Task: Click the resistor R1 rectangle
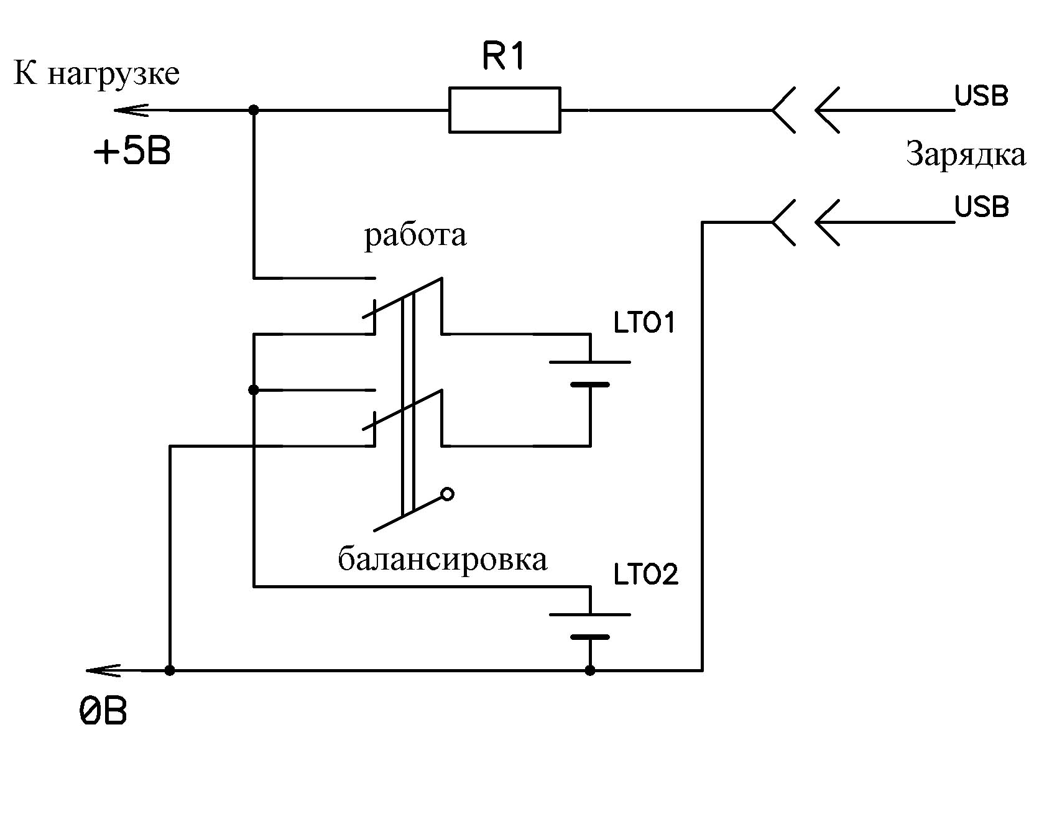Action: (504, 110)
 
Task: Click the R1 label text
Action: (504, 58)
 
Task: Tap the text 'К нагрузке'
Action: (96, 74)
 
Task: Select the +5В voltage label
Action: (132, 152)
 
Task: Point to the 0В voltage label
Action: (103, 711)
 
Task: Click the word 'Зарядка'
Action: (966, 154)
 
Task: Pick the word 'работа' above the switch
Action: (415, 236)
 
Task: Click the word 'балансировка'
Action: (442, 559)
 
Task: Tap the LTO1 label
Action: (644, 323)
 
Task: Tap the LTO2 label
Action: (645, 575)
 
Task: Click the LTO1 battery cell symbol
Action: (589, 374)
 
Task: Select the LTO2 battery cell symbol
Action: (589, 626)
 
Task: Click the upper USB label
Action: (981, 96)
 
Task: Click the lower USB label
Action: (981, 207)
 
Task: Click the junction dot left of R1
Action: (254, 110)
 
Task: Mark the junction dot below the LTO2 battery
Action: (590, 670)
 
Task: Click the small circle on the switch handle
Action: (447, 494)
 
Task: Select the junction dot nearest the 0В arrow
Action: (170, 670)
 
